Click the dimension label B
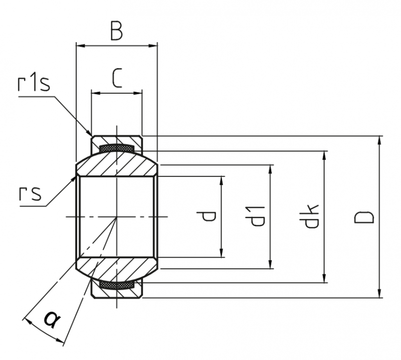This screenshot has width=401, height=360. click(x=116, y=31)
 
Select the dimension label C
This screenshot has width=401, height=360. click(x=117, y=78)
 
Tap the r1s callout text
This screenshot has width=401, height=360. click(x=34, y=83)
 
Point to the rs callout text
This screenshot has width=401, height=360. click(x=30, y=194)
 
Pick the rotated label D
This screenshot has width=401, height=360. click(x=364, y=217)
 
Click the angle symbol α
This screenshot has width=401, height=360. click(x=52, y=319)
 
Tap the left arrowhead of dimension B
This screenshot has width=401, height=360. click(x=80, y=46)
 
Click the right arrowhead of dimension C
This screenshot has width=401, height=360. click(x=138, y=93)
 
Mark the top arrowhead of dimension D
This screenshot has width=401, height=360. click(x=379, y=140)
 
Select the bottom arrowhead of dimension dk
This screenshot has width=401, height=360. click(x=324, y=278)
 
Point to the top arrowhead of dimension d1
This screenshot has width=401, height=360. click(x=270, y=169)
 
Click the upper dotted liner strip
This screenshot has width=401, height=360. click(x=117, y=147)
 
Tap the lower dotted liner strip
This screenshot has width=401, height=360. click(x=117, y=285)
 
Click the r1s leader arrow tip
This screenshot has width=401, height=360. click(x=92, y=135)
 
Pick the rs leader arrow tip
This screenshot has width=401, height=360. click(x=76, y=175)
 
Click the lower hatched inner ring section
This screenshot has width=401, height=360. click(x=117, y=269)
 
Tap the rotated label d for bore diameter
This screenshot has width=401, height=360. click(x=209, y=217)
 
